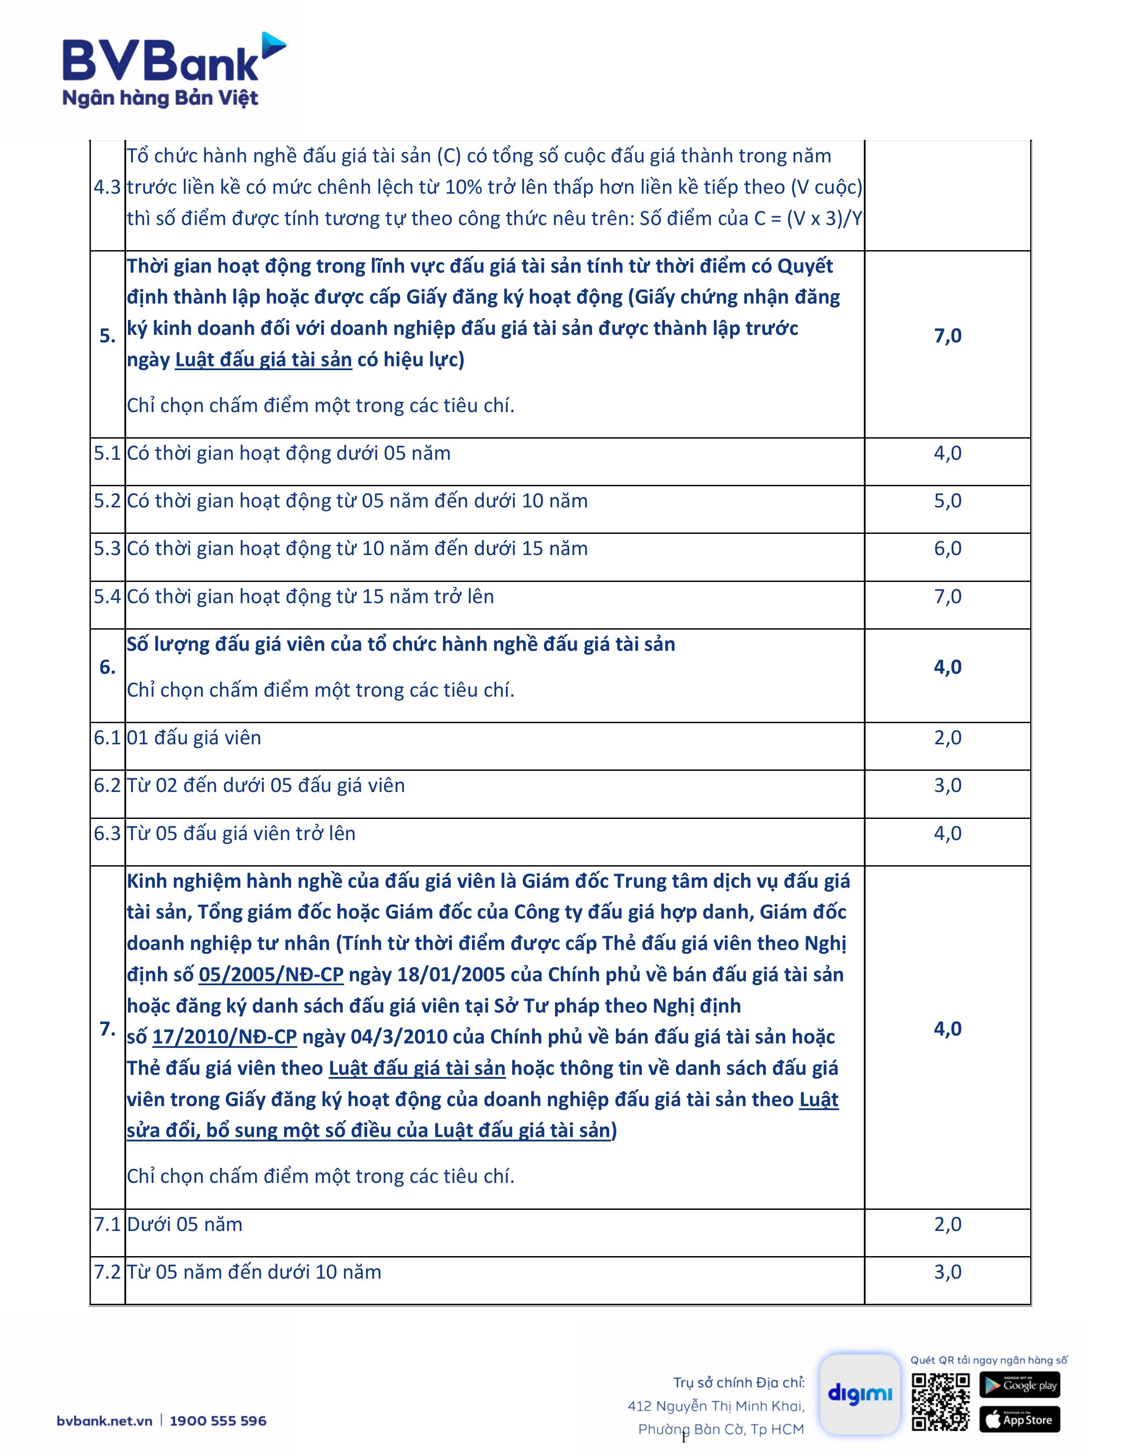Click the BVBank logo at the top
[x=173, y=70]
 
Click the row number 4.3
[x=107, y=188]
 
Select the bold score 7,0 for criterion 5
[x=947, y=336]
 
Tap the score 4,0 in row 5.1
[x=947, y=453]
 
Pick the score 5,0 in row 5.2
[x=947, y=501]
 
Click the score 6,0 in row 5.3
[x=947, y=549]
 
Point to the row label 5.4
[x=107, y=597]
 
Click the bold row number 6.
[x=107, y=667]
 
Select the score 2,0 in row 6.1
[x=947, y=738]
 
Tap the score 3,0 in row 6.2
[x=947, y=785]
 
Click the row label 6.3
[x=107, y=833]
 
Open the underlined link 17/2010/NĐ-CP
[x=225, y=1037]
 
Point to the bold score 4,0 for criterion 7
[x=947, y=1028]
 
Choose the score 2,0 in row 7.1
[x=947, y=1225]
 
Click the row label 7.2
[x=107, y=1272]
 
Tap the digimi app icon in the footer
[x=860, y=1394]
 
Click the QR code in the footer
[x=941, y=1402]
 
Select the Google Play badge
[x=1019, y=1385]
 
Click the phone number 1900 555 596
[x=218, y=1421]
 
